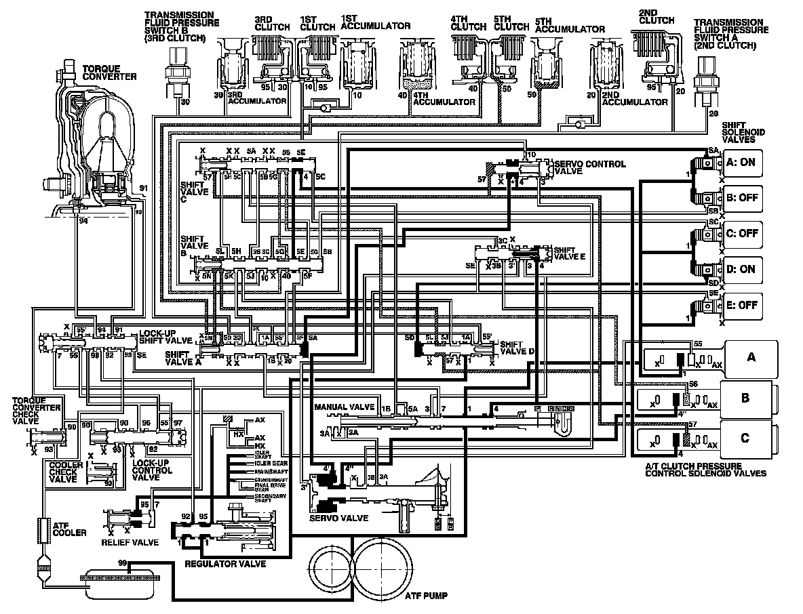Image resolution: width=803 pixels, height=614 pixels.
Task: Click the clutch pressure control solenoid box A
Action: pyautogui.click(x=750, y=357)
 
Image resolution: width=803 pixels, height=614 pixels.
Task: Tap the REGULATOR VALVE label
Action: pyautogui.click(x=224, y=563)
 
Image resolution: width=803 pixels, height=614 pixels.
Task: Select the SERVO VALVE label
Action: pyautogui.click(x=338, y=518)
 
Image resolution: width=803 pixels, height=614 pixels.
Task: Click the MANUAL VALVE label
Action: pyautogui.click(x=345, y=407)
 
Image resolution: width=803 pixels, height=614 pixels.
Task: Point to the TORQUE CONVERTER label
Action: pyautogui.click(x=109, y=73)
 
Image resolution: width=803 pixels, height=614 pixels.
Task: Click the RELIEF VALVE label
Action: pyautogui.click(x=130, y=542)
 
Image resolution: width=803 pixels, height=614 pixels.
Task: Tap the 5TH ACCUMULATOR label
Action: pyautogui.click(x=570, y=29)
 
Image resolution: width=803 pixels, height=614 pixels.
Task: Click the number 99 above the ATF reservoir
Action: pyautogui.click(x=122, y=563)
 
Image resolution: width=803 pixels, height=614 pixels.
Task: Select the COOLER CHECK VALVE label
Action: pyautogui.click(x=66, y=472)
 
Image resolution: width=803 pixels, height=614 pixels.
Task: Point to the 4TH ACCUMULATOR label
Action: pyautogui.click(x=444, y=102)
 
